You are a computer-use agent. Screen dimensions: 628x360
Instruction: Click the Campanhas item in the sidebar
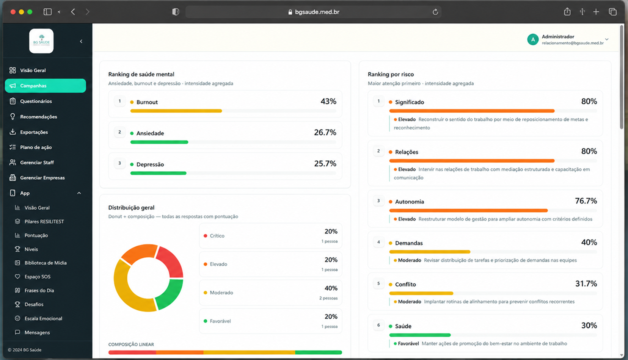(x=46, y=85)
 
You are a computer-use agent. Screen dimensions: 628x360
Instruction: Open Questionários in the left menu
(x=36, y=101)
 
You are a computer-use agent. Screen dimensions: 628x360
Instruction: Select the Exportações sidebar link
(x=34, y=132)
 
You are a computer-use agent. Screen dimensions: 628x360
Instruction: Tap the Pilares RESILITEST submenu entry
(x=44, y=221)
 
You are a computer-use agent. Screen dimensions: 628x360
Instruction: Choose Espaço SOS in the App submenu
(x=37, y=277)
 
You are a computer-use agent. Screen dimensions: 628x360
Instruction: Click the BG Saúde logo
(x=41, y=41)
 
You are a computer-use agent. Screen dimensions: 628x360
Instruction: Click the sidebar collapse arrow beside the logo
(x=81, y=41)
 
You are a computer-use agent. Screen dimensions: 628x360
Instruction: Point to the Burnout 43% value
(x=328, y=102)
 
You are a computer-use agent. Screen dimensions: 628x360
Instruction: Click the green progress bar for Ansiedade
(x=159, y=142)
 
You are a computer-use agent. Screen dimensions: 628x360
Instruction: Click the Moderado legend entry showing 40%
(x=270, y=293)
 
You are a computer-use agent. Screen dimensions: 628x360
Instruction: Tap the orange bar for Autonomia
(x=468, y=210)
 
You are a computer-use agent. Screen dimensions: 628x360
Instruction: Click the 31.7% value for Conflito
(x=586, y=284)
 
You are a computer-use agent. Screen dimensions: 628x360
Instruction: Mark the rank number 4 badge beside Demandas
(x=378, y=242)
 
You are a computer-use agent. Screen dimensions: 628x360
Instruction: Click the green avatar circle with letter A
(x=533, y=39)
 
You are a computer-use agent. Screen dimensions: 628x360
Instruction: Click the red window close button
(x=13, y=12)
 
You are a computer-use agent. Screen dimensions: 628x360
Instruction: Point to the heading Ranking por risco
(x=391, y=74)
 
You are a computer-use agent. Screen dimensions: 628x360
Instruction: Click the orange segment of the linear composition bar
(x=180, y=352)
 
